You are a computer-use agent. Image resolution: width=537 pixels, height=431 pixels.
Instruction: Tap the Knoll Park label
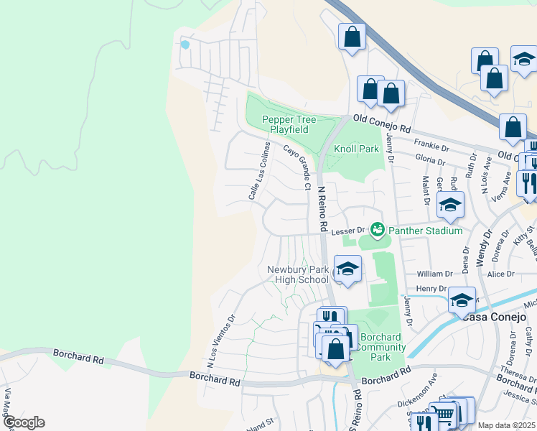coord(355,149)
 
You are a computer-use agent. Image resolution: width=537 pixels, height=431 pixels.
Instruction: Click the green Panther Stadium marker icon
coord(378,230)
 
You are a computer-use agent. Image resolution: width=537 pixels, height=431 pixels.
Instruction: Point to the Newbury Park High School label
coord(297,274)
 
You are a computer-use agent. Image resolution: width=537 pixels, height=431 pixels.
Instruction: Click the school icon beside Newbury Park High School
coord(347,269)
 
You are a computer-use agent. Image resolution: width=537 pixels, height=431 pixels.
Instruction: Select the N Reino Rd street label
coord(322,208)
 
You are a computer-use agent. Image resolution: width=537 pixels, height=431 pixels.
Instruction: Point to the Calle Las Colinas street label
coord(259,170)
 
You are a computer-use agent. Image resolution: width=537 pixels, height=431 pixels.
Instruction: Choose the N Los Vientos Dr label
coord(221,335)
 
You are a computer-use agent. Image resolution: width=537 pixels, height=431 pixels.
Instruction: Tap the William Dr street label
coord(435,274)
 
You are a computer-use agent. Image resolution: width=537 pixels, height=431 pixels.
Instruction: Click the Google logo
coord(24,422)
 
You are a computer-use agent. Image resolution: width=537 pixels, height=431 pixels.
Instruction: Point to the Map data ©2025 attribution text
coord(506,425)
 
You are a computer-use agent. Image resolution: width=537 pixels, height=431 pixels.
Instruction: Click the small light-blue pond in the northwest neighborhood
coord(185,45)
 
